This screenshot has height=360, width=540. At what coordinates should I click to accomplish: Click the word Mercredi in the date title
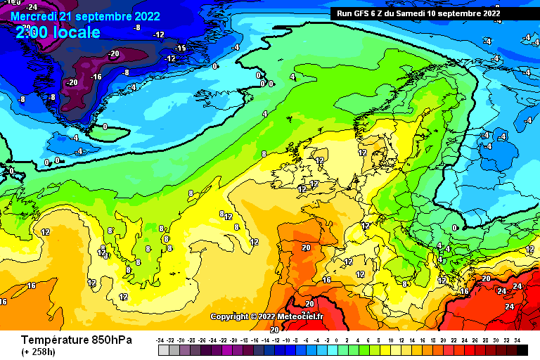tap(33, 15)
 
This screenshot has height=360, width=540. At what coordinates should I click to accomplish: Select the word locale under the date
tap(77, 32)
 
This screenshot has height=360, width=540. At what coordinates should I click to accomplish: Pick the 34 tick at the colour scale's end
tap(517, 340)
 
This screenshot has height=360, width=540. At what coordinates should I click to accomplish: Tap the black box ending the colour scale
tap(522, 349)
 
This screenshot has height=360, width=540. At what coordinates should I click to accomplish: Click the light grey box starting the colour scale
tap(162, 349)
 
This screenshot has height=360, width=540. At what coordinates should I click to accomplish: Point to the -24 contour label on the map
tap(31, 7)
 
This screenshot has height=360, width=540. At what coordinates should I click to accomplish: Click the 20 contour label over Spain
tap(306, 247)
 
